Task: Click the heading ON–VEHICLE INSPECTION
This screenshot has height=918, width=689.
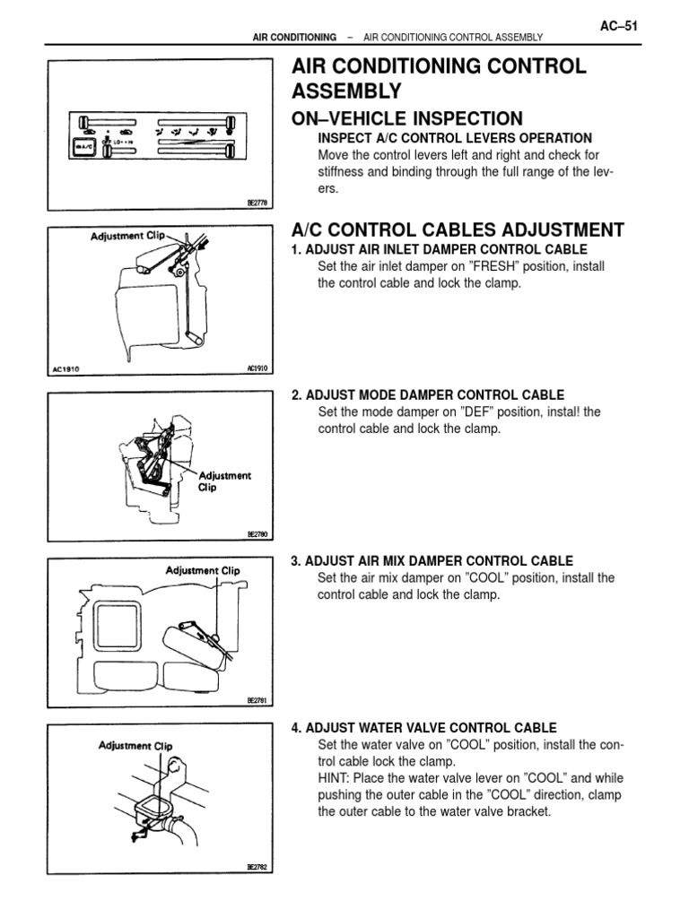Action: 407,118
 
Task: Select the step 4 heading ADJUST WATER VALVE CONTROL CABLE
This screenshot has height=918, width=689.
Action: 423,727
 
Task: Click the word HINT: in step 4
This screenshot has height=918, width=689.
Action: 336,778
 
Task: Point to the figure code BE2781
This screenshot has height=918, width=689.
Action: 257,700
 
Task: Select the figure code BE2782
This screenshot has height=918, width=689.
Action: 257,867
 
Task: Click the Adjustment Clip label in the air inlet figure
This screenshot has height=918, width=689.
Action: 128,236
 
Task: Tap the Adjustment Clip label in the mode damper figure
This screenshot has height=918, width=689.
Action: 225,482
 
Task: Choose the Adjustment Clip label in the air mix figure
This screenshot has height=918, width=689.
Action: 203,570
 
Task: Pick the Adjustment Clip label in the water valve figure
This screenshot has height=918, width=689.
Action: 136,745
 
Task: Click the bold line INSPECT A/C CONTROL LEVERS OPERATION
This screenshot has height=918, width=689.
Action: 455,138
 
